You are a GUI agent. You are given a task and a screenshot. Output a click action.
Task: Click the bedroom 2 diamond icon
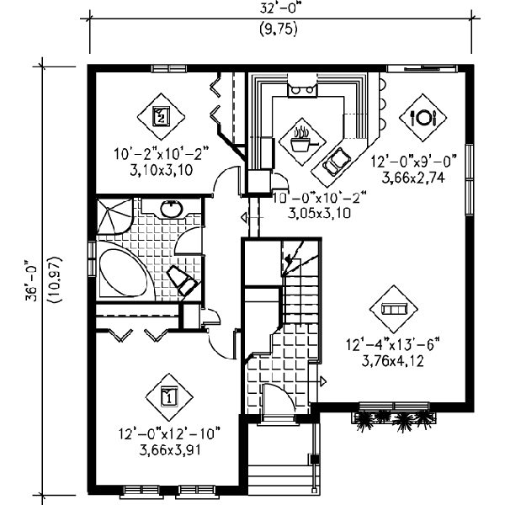[x=161, y=116]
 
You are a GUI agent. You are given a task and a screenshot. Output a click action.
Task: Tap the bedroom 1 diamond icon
[x=169, y=396]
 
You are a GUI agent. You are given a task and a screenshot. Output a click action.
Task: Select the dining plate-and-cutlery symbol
[x=423, y=118]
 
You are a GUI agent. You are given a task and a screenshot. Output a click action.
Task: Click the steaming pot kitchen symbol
[x=302, y=141]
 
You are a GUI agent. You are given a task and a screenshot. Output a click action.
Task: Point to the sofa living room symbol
[x=394, y=309]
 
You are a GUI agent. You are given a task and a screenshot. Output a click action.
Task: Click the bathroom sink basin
[x=172, y=209]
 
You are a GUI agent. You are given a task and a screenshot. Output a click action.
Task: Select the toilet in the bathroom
[x=183, y=279]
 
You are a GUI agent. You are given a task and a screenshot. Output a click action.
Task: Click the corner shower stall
[x=114, y=215]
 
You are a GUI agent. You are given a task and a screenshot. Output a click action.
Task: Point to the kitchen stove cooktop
[x=302, y=89]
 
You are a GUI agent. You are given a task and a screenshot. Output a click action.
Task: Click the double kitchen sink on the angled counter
[x=337, y=162]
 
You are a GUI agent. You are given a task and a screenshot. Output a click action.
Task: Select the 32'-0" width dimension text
[x=279, y=8]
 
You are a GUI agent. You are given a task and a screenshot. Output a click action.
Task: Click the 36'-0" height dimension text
[x=32, y=279]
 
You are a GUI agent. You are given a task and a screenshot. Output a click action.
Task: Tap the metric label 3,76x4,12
[x=392, y=361]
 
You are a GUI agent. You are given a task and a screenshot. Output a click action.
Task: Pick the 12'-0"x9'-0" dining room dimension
[x=414, y=161]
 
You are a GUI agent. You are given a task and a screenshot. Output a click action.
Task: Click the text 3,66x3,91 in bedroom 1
[x=170, y=449]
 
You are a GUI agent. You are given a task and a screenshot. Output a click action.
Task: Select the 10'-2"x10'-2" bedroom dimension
[x=162, y=154]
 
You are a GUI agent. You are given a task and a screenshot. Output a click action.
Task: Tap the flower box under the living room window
[x=394, y=417]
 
